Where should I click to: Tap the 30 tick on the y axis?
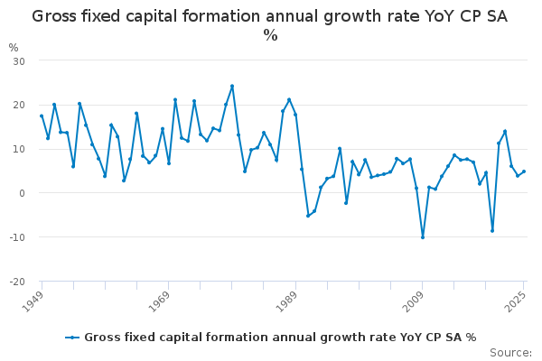click(x=18, y=60)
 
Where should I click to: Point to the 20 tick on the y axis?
click(x=18, y=105)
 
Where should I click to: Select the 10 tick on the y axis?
click(x=18, y=149)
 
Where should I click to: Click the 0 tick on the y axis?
click(x=21, y=193)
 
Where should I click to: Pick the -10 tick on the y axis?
click(x=16, y=237)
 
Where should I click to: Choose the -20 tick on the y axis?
click(x=16, y=282)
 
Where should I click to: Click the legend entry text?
click(x=280, y=338)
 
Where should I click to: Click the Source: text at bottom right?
click(x=510, y=352)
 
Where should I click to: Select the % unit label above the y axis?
click(x=13, y=48)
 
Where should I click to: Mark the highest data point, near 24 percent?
click(x=232, y=87)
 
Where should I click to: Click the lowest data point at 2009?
click(x=422, y=237)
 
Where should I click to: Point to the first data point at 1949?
click(x=42, y=116)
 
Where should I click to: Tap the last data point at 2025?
click(x=524, y=171)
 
